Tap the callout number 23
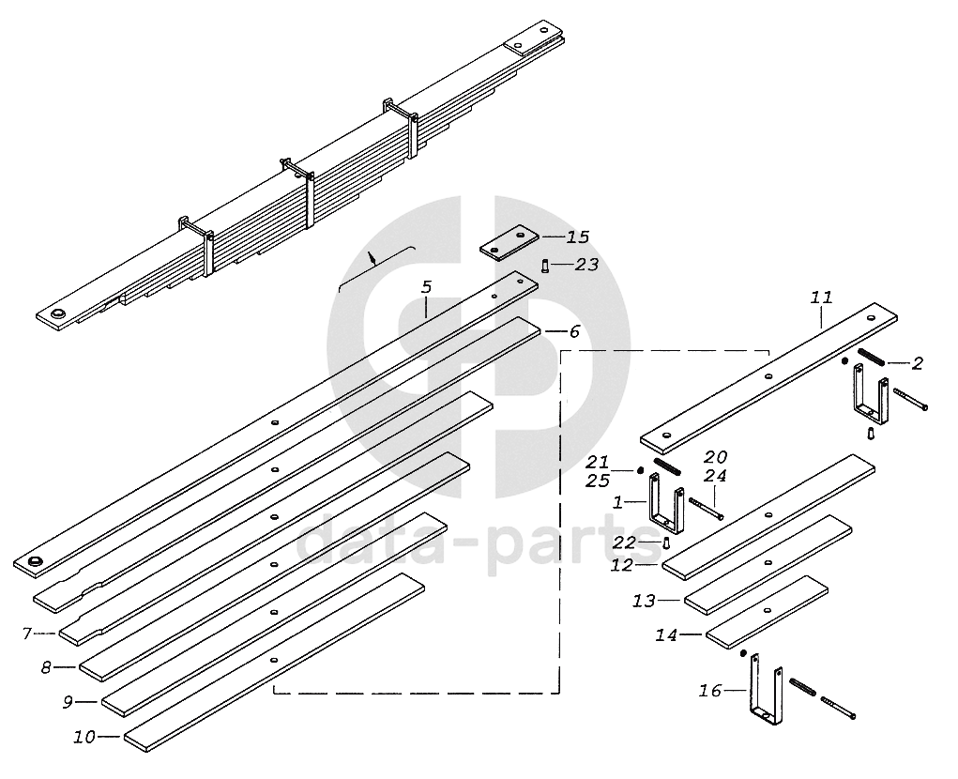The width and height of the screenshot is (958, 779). point(586,265)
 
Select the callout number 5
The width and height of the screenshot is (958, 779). point(426,285)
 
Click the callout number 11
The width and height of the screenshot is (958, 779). point(821,298)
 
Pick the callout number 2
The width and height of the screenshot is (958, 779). point(918,363)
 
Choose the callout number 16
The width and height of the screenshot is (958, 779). point(709,691)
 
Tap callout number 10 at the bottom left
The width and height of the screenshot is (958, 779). point(84,737)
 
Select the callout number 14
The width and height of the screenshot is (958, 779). point(665,635)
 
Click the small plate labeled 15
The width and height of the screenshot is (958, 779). point(510,242)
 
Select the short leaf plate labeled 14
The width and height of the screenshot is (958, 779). point(766,611)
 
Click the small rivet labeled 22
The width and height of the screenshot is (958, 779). point(663,542)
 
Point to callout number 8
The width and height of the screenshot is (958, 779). point(45,667)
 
